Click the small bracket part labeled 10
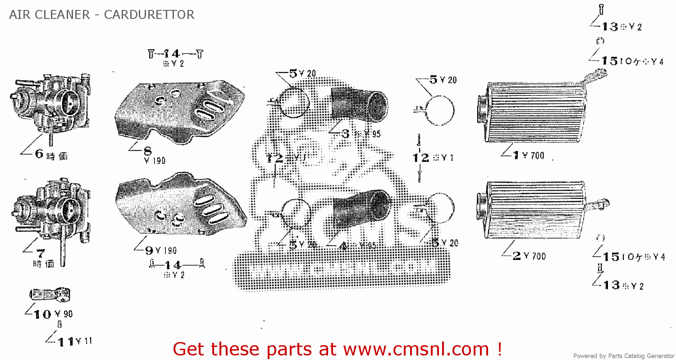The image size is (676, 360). pos(50,296)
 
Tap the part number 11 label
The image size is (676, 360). pos(66,342)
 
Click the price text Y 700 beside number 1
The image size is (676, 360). pos(534,156)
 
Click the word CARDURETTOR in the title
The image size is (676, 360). pos(149,14)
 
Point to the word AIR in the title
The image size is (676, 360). pos(18,14)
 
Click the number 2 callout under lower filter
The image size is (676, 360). pos(517,256)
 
